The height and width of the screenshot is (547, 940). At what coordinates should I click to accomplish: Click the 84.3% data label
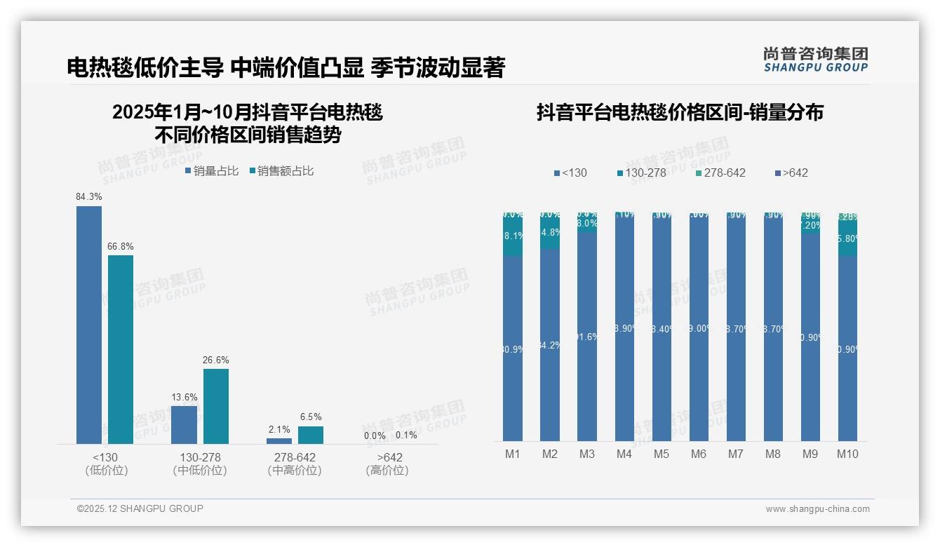click(x=89, y=197)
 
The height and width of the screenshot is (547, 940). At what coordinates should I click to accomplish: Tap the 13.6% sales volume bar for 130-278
click(x=184, y=424)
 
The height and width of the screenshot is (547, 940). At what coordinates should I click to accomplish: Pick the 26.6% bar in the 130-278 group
click(x=216, y=406)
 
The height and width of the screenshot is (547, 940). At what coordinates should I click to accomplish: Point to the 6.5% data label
click(x=311, y=417)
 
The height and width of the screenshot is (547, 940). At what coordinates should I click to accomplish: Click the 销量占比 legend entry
click(x=212, y=171)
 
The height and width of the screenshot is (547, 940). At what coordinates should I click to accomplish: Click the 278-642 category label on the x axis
click(x=295, y=458)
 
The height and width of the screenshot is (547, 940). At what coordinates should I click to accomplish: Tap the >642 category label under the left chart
click(x=387, y=458)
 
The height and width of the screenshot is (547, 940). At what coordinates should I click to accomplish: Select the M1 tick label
click(x=513, y=454)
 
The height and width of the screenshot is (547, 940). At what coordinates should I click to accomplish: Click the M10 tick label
click(x=847, y=454)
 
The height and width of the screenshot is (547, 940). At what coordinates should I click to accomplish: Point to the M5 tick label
click(x=662, y=454)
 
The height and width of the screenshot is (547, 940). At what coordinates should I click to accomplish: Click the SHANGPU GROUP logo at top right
click(x=815, y=59)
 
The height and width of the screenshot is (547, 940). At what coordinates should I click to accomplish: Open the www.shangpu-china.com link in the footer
click(x=817, y=509)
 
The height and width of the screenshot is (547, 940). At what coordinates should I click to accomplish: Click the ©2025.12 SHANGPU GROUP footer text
click(x=140, y=508)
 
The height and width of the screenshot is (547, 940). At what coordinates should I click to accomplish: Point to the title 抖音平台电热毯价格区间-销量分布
click(x=680, y=112)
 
